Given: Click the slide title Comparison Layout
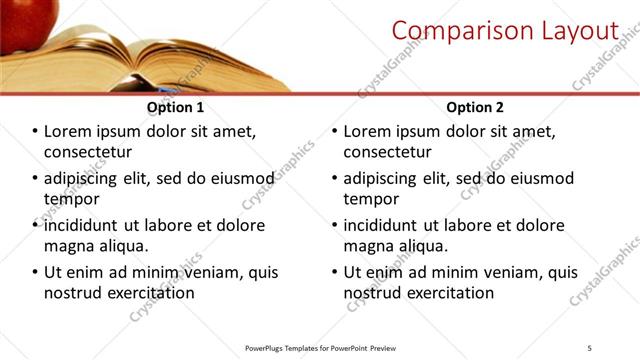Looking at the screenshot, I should pyautogui.click(x=504, y=31).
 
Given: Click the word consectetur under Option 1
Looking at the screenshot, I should pyautogui.click(x=88, y=152).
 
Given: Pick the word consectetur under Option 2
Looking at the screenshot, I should pyautogui.click(x=388, y=152).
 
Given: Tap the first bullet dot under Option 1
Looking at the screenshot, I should pyautogui.click(x=36, y=132).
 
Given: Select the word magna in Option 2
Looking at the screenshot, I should pyautogui.click(x=368, y=245).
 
